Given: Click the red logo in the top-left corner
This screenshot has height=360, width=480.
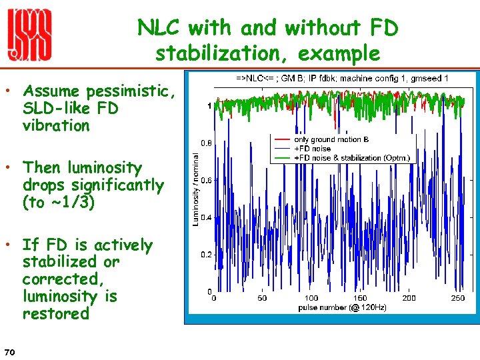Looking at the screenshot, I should (29, 37).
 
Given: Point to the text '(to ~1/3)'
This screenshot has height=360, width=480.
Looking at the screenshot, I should (60, 202).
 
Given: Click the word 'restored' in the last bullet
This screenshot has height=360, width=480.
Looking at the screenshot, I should (55, 313).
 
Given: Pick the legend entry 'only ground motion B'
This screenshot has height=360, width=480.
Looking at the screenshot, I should (331, 139).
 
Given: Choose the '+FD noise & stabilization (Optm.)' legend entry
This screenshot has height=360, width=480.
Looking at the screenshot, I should (351, 157).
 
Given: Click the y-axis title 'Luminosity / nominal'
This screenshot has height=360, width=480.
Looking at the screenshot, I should (196, 189).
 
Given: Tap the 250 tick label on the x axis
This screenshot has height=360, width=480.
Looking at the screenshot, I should (458, 298).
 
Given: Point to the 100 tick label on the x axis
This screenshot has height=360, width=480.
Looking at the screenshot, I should (311, 298).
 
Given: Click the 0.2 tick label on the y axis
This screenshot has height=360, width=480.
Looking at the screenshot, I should (207, 255).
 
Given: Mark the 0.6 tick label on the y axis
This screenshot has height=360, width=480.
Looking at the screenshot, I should (207, 180).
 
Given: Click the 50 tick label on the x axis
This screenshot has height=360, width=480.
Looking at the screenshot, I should (262, 298).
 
